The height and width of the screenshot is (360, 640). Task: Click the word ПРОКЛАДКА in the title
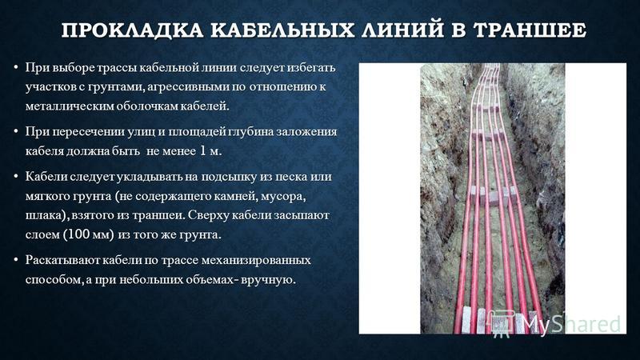pyautogui.click(x=132, y=30)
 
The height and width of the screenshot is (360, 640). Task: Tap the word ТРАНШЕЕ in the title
pyautogui.click(x=530, y=30)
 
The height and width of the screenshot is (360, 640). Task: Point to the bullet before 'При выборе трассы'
pyautogui.click(x=15, y=66)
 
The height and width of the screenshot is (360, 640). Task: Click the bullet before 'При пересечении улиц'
pyautogui.click(x=15, y=131)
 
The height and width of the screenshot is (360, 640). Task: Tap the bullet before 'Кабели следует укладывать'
pyautogui.click(x=15, y=176)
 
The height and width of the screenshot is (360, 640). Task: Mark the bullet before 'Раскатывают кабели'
pyautogui.click(x=15, y=260)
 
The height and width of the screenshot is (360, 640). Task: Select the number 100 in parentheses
pyautogui.click(x=77, y=234)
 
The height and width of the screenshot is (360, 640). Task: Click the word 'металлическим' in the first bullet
pyautogui.click(x=70, y=106)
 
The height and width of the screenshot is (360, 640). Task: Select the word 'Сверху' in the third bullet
pyautogui.click(x=208, y=215)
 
